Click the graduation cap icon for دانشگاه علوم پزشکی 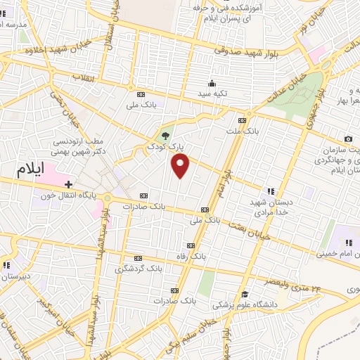pyautogui.click(x=245, y=295)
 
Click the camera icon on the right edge pyautogui.click(x=348, y=139)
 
